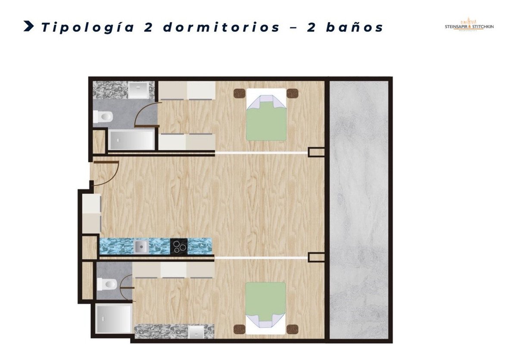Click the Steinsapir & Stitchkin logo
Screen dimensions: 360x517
coord(469,25)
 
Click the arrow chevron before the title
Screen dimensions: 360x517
coord(29,26)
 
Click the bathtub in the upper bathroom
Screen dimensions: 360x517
coord(131,140)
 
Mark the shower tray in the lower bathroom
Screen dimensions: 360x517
coord(114,319)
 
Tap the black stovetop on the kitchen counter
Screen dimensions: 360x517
coord(178,246)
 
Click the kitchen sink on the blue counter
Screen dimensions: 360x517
coord(140,246)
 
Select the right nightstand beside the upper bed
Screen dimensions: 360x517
coord(293,93)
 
